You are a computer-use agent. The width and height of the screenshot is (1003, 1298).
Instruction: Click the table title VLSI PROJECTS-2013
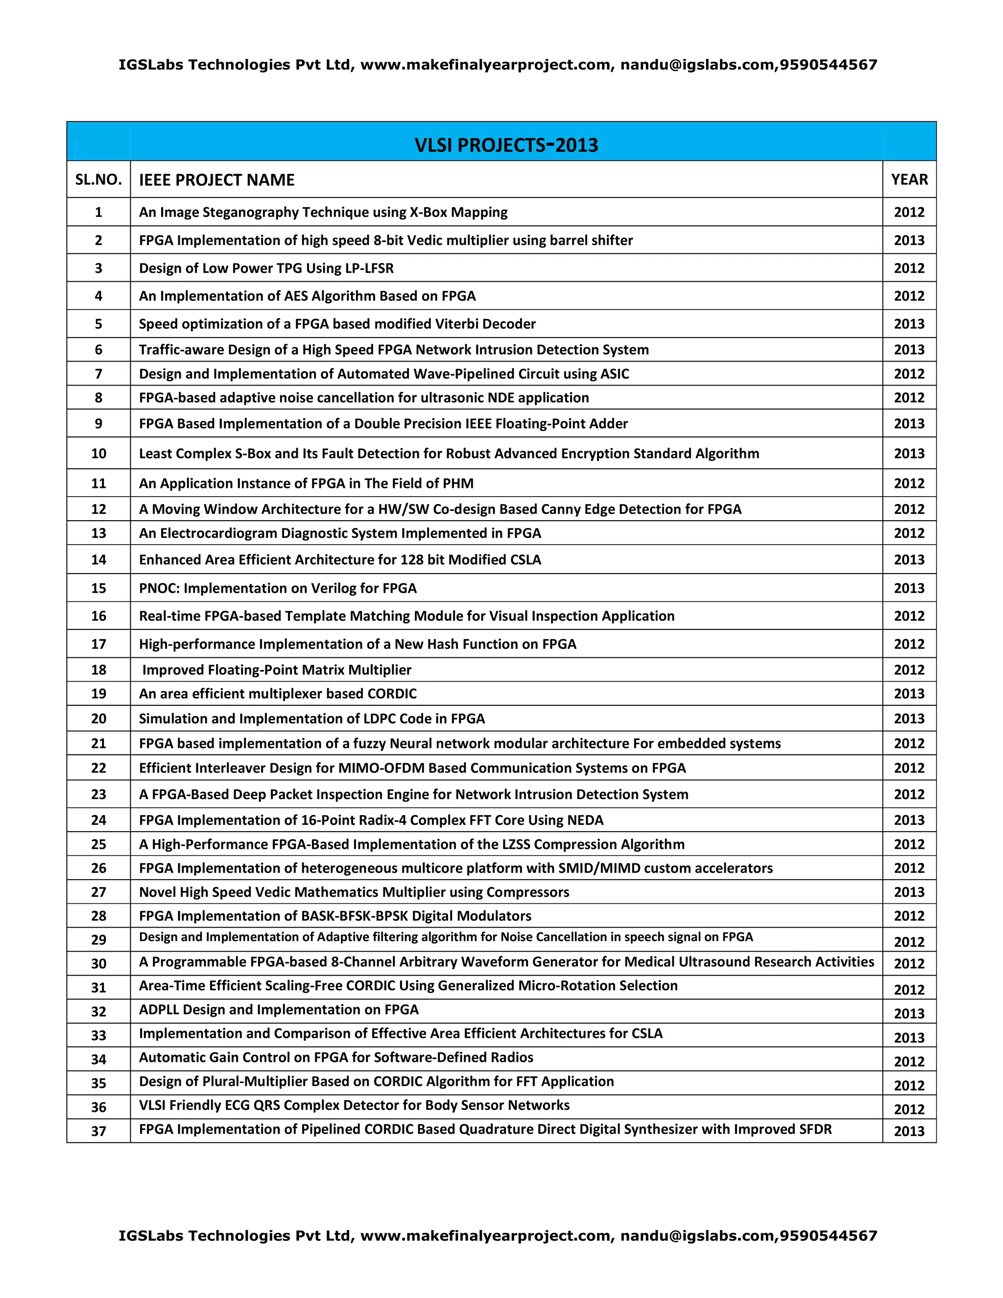tap(506, 144)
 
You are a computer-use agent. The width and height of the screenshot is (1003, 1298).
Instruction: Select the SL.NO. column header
tap(98, 179)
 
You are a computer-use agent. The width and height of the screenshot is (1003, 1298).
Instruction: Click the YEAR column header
tap(909, 179)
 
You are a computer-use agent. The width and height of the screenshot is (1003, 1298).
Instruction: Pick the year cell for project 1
tap(909, 212)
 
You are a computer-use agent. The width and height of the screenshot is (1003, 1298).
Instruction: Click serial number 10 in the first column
tap(98, 454)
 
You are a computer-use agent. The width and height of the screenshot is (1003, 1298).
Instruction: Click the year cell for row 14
tap(909, 560)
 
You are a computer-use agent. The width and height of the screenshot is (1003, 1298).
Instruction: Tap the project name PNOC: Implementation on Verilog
tap(278, 588)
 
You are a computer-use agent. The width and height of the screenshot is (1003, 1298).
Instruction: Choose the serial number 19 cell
tap(98, 694)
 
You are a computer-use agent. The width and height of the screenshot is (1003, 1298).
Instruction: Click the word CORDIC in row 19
tap(392, 694)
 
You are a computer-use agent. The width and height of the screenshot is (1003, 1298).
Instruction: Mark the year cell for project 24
tap(909, 820)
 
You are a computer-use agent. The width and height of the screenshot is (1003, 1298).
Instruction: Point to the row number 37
tap(98, 1130)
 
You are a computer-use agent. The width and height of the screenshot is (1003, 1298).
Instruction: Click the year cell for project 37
tap(909, 1131)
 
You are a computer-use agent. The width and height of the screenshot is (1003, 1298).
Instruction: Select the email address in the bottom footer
tap(697, 1236)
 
